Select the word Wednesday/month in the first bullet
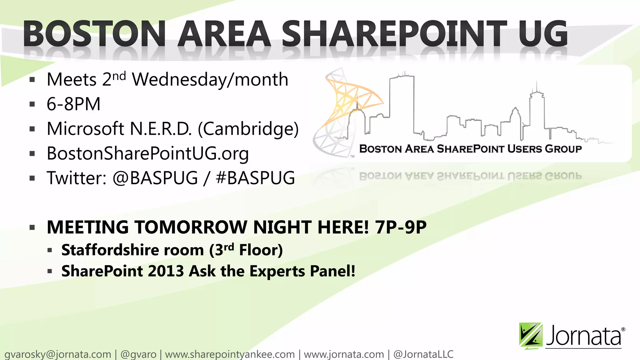click(210, 80)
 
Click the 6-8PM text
click(74, 104)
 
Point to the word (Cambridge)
click(248, 129)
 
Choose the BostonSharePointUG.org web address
click(147, 153)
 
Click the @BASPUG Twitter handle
click(155, 178)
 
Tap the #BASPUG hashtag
click(255, 178)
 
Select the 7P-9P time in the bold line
click(401, 227)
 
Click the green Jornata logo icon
click(531, 336)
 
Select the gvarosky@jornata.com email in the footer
click(58, 354)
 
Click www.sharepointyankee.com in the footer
click(230, 354)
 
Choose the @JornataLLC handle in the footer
click(423, 354)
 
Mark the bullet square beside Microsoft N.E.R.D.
click(32, 129)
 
